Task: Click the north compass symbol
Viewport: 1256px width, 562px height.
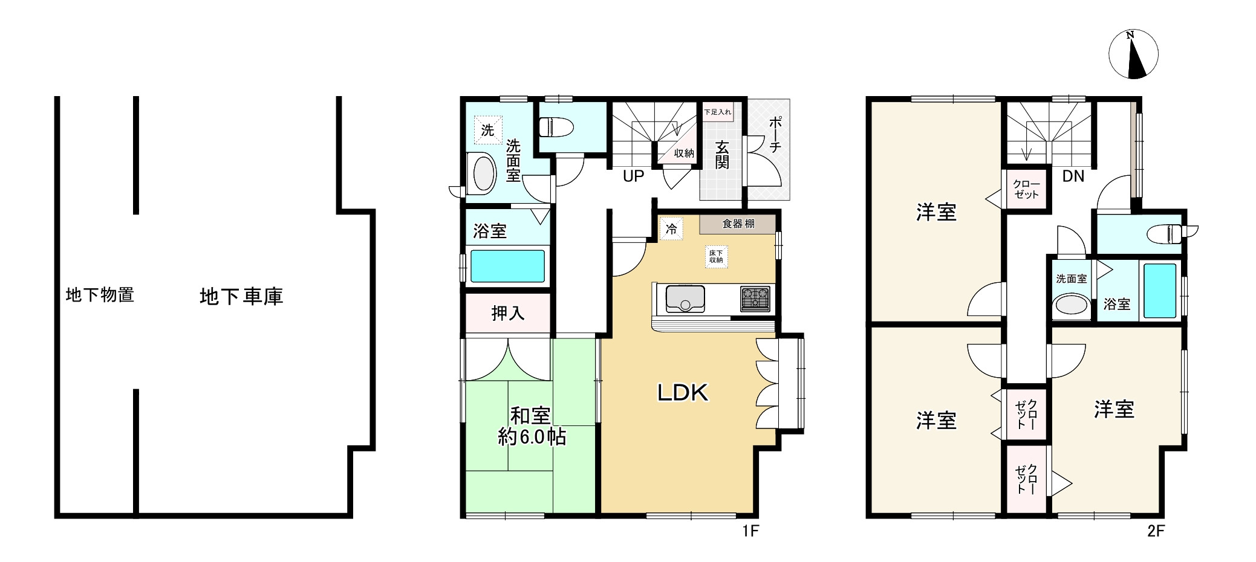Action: (x=1133, y=54)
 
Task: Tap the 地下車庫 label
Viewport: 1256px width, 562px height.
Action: (x=241, y=296)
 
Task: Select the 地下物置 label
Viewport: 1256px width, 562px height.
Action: (x=100, y=295)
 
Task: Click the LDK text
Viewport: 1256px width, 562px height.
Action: (x=683, y=393)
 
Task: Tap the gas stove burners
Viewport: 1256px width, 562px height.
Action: (x=755, y=299)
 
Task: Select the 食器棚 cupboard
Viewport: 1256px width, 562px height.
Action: (x=738, y=224)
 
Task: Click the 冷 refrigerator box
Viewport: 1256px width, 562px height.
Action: (x=671, y=229)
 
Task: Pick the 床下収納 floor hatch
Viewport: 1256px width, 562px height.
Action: (x=716, y=256)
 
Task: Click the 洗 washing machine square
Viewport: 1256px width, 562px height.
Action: (x=487, y=130)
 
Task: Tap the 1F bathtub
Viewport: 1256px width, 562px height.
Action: (x=507, y=266)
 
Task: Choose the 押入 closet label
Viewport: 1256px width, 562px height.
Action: (x=508, y=313)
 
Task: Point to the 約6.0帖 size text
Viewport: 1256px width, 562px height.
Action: (x=532, y=436)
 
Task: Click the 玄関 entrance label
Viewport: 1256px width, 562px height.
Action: (x=722, y=155)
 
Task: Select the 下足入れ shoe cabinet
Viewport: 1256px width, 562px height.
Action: (x=718, y=112)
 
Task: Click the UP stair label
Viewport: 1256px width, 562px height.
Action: (x=634, y=176)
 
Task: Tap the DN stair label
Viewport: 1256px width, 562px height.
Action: (x=1073, y=176)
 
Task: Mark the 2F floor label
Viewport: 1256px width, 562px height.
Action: (x=1156, y=531)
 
